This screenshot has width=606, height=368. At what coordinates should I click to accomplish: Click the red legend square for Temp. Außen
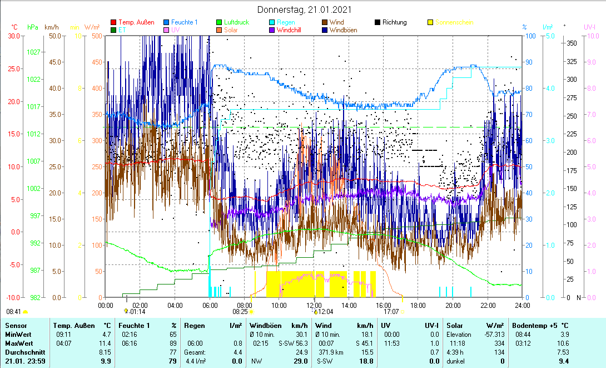[x=114, y=22]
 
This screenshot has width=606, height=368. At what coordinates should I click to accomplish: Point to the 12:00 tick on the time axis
[x=314, y=305]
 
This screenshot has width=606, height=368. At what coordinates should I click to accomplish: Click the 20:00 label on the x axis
[x=453, y=305]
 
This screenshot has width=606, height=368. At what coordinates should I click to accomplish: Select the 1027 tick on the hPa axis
[x=34, y=52]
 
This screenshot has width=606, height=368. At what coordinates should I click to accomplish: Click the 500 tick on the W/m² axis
[x=97, y=36]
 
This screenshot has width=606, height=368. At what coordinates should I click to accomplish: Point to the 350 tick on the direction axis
[x=570, y=42]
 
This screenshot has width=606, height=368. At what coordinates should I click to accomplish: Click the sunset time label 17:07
[x=391, y=312]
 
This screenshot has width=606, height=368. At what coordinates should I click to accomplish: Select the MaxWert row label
[x=19, y=343]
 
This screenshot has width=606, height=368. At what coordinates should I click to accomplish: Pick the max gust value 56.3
[x=301, y=343]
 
